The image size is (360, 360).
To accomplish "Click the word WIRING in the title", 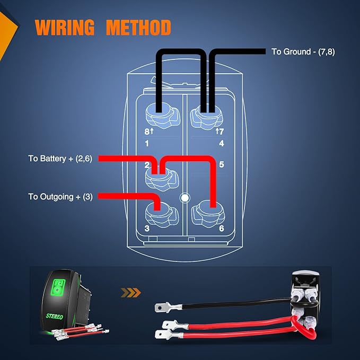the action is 65,28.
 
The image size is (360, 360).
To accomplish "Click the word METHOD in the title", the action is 138,28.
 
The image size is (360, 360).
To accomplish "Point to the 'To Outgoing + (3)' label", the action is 60,197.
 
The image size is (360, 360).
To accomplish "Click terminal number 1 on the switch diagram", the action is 147,144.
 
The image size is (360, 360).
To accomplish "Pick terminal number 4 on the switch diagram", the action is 221,144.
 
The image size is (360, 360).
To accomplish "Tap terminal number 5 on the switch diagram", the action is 221,164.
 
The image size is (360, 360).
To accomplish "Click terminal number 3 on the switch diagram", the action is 147,229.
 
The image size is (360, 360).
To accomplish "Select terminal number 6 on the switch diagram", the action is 221,229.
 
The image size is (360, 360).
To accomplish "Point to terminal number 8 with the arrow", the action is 149,131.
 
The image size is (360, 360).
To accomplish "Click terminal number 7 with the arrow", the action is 219,131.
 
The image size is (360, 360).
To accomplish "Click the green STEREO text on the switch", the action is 54,317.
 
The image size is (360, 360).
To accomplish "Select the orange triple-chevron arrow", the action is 130,293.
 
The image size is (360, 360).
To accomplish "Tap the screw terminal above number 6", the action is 208,214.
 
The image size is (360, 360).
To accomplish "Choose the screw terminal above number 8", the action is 162,115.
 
